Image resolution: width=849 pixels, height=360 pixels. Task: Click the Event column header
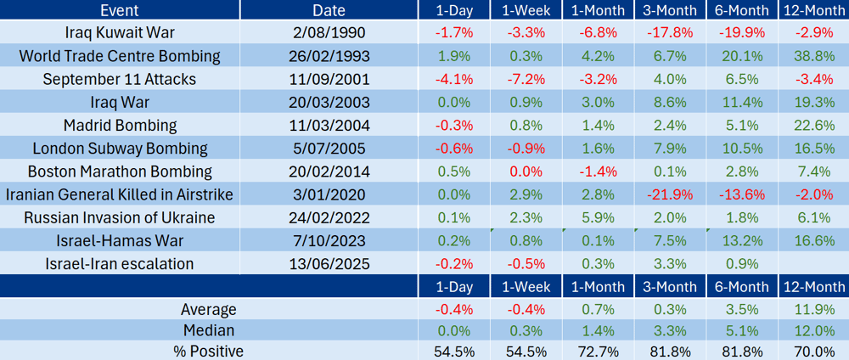pos(119,9)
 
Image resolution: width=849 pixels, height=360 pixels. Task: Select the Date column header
pos(329,9)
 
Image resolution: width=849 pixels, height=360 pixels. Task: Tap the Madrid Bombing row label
pos(120,126)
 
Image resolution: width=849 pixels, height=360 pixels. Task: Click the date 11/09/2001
pos(329,80)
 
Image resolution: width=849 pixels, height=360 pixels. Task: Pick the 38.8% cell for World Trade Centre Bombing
pos(814,56)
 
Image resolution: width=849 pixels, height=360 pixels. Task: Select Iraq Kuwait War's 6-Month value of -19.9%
pos(741,33)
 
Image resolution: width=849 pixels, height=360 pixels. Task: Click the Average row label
pos(209,310)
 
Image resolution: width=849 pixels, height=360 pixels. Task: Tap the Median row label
pos(210,330)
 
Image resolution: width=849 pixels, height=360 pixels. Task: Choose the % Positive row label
pos(208,352)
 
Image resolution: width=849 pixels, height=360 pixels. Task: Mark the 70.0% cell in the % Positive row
pos(814,352)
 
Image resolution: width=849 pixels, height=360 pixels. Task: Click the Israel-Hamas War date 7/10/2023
pos(329,241)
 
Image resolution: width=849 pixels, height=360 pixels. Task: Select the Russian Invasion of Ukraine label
pos(120,217)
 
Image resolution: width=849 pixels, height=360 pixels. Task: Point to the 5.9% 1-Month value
pos(598,217)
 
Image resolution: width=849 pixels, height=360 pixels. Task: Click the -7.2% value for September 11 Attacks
pos(525,80)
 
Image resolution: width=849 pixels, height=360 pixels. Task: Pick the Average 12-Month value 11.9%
pos(814,310)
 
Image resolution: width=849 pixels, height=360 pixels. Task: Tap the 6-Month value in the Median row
pos(741,330)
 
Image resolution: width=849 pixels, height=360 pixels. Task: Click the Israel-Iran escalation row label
pos(120,264)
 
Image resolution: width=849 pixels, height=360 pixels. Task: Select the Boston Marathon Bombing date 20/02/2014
pos(329,172)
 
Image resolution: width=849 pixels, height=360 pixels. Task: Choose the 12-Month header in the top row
pos(813,9)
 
